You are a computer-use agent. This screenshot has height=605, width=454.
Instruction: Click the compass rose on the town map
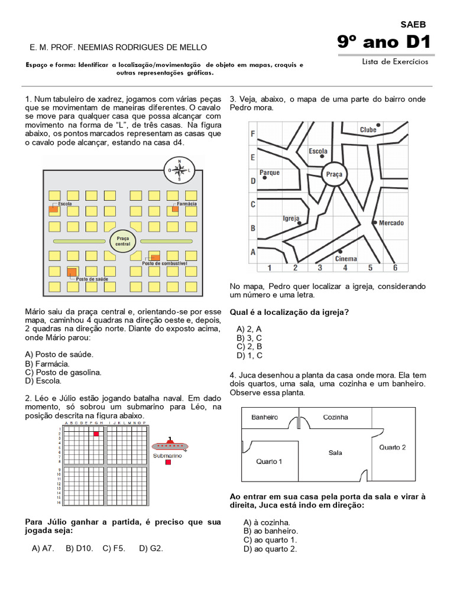179,170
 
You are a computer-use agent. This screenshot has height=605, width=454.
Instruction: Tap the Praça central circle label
123,240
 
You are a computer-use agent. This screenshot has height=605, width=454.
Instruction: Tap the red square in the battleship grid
96,434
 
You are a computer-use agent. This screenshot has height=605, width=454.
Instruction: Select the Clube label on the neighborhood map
368,129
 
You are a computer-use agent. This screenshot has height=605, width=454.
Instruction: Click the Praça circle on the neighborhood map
334,174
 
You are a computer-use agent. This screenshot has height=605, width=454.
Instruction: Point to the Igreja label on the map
291,218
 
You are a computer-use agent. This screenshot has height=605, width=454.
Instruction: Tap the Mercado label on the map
391,223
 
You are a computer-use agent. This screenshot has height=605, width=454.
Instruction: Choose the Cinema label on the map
346,259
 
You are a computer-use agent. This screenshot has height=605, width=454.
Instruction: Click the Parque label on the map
270,173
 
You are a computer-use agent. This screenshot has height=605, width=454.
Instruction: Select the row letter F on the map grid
253,134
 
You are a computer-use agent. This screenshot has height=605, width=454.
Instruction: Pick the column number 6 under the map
395,268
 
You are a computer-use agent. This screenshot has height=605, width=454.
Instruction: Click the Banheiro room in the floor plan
264,417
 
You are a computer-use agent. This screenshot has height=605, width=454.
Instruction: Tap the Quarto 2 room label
392,447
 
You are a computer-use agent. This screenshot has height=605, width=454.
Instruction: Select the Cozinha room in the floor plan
335,417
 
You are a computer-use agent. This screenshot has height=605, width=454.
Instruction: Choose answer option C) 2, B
249,346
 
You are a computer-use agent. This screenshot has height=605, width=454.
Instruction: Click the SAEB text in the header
413,24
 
